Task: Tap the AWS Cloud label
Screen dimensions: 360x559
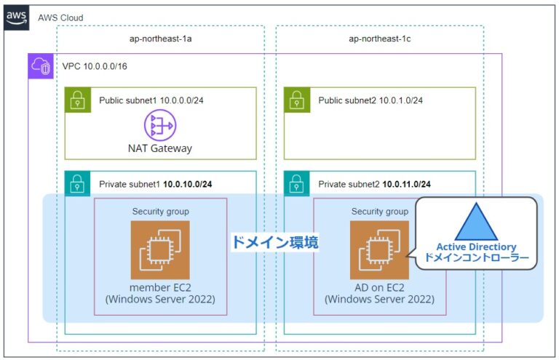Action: click(x=60, y=17)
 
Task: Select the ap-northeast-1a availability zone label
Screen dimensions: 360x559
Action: click(x=160, y=39)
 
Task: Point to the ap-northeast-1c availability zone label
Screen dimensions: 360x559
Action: click(x=379, y=39)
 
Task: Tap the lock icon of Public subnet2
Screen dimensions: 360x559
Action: click(x=296, y=100)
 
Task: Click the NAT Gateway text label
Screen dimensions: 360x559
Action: click(x=160, y=148)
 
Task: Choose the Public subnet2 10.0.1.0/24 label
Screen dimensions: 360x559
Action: click(x=370, y=100)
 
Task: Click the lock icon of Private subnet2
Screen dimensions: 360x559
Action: click(x=296, y=184)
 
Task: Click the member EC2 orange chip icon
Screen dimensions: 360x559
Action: click(x=160, y=250)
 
